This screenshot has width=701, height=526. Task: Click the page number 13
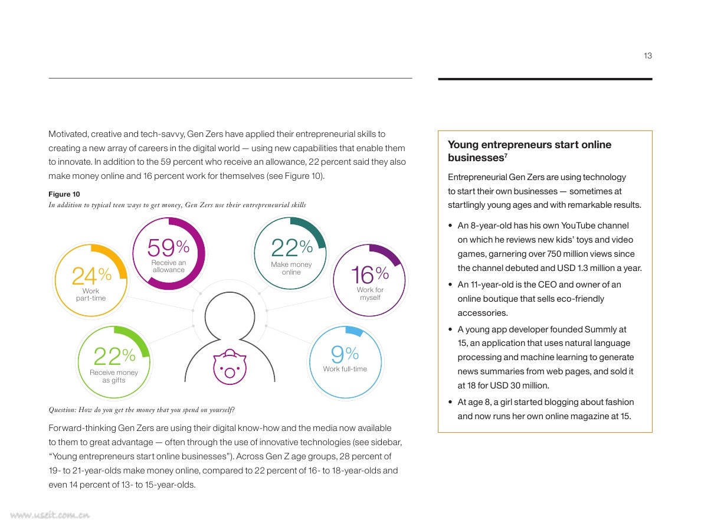(647, 55)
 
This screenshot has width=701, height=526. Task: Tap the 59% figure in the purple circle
(168, 247)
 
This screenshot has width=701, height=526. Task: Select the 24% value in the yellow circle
(91, 276)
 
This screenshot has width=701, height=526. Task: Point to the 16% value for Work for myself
(370, 274)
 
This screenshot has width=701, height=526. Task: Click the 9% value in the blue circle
(345, 354)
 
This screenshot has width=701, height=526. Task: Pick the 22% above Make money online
(291, 247)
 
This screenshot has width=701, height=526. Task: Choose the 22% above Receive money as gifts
(114, 357)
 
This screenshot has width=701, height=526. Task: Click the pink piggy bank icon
(230, 367)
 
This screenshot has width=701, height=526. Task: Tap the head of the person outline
(230, 316)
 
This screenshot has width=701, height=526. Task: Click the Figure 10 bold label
(64, 194)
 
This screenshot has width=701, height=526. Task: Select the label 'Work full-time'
(345, 369)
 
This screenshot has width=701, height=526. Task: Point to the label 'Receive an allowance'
(169, 266)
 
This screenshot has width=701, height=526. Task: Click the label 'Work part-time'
(91, 295)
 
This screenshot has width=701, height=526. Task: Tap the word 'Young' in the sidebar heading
(463, 145)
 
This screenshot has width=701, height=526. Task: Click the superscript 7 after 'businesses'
(506, 155)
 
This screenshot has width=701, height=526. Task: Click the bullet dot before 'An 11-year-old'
(450, 285)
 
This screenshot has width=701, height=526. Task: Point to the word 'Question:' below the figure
(62, 410)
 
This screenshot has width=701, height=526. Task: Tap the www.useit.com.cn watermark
(50, 515)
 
